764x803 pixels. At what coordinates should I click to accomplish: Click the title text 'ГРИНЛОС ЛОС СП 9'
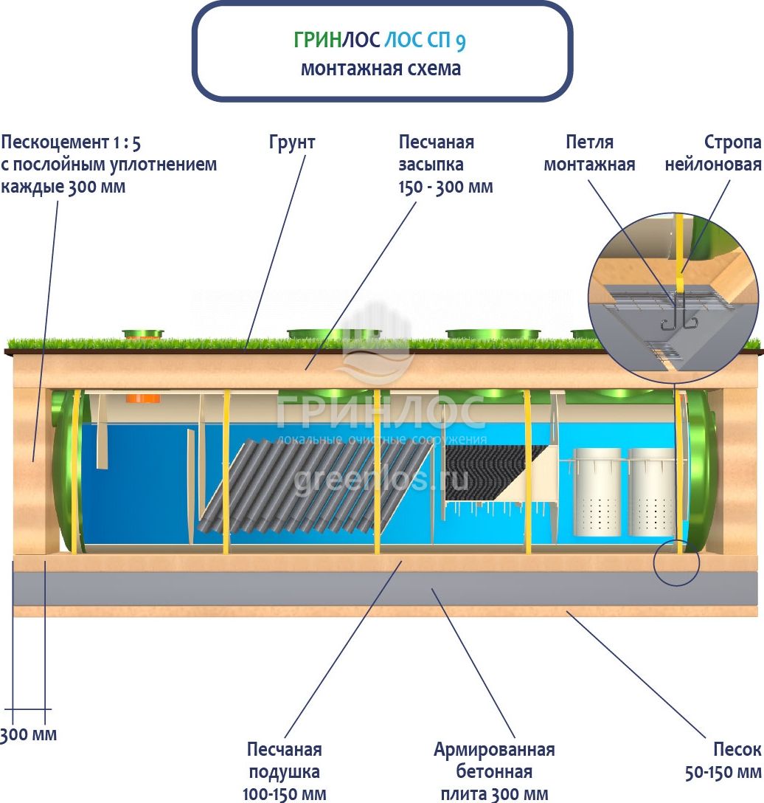click(x=380, y=41)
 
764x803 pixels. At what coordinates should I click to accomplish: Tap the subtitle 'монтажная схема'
click(x=381, y=69)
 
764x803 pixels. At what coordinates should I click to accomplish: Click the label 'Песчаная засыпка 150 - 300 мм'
click(x=445, y=165)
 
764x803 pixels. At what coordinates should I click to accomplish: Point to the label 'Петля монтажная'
click(x=589, y=153)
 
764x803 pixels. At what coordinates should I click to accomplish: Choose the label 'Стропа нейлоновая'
click(x=713, y=153)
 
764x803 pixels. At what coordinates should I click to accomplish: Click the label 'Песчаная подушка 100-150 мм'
click(x=284, y=771)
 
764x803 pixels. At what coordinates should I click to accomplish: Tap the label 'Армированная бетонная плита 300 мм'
click(x=494, y=771)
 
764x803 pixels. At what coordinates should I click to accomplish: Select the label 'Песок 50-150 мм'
click(x=723, y=760)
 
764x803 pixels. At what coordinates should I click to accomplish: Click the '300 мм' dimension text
click(x=28, y=734)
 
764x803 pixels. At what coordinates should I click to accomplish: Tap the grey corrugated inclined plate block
click(x=316, y=487)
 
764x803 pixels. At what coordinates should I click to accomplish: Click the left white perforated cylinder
click(x=597, y=492)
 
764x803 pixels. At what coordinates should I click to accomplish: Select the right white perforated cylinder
click(x=651, y=492)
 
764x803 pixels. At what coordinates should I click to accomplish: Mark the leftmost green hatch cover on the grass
click(x=143, y=334)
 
